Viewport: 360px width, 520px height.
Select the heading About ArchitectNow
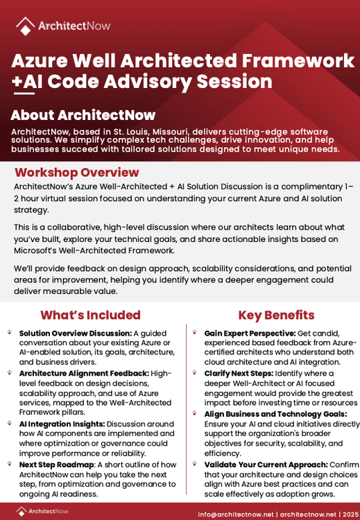pyautogui.click(x=83, y=115)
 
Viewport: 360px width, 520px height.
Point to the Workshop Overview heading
pyautogui.click(x=76, y=173)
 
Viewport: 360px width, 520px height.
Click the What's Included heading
pyautogui.click(x=90, y=315)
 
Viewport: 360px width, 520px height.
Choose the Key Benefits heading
pyautogui.click(x=276, y=315)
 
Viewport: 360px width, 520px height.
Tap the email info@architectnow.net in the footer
pyautogui.click(x=235, y=514)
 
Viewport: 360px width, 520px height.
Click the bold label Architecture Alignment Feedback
pyautogui.click(x=83, y=374)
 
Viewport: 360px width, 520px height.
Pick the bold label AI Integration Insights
pyautogui.click(x=60, y=424)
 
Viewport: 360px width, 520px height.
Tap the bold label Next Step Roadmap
pyautogui.click(x=57, y=465)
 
